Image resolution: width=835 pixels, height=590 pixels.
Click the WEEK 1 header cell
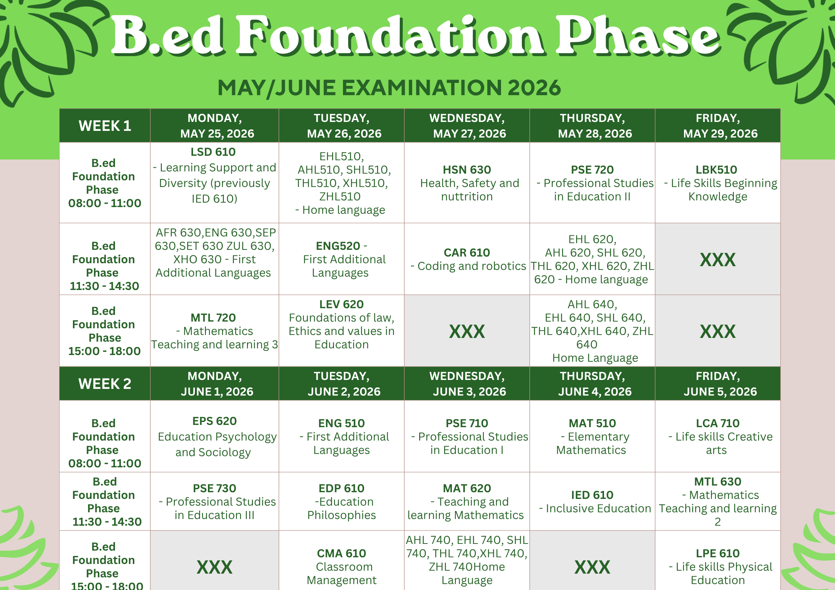(105, 126)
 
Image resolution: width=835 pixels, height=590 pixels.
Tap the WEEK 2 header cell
(105, 384)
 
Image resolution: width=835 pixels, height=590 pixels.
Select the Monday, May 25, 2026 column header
(215, 126)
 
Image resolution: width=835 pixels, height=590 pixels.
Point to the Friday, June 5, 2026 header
(718, 384)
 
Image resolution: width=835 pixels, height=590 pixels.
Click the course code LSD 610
(213, 152)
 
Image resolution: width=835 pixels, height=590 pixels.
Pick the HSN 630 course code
(467, 170)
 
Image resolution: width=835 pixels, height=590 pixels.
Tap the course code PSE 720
(592, 170)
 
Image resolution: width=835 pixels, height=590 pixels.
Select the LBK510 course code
(716, 170)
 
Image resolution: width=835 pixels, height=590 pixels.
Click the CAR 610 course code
(467, 252)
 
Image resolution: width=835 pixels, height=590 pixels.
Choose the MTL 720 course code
(213, 317)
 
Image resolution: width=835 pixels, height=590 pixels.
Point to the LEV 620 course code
(341, 304)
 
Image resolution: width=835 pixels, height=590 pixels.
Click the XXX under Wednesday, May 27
(467, 331)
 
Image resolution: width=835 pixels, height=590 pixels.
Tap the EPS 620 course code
(215, 421)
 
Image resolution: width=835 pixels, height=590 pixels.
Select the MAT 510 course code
(592, 423)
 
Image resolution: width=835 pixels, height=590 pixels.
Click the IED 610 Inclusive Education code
(592, 495)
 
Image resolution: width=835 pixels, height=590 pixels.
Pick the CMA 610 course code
(341, 553)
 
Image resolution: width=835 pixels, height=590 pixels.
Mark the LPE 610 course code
(718, 553)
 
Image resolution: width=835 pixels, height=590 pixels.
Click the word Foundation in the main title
(391, 36)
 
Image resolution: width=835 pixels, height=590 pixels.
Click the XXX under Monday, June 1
(215, 567)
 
